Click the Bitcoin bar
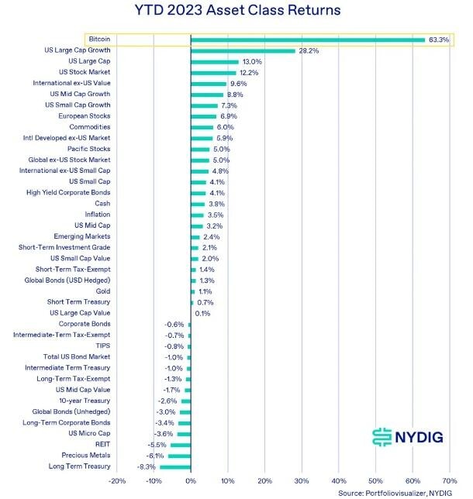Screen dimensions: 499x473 (x=307, y=40)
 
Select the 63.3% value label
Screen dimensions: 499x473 (x=438, y=40)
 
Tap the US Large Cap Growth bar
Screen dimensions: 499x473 (x=243, y=50)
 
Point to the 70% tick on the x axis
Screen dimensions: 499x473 (x=449, y=480)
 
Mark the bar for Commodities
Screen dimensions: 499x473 (x=202, y=127)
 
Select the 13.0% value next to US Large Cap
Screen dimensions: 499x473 (x=252, y=61)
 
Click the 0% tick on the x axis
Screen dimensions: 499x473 (x=190, y=480)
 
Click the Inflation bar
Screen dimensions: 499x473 (x=197, y=215)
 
